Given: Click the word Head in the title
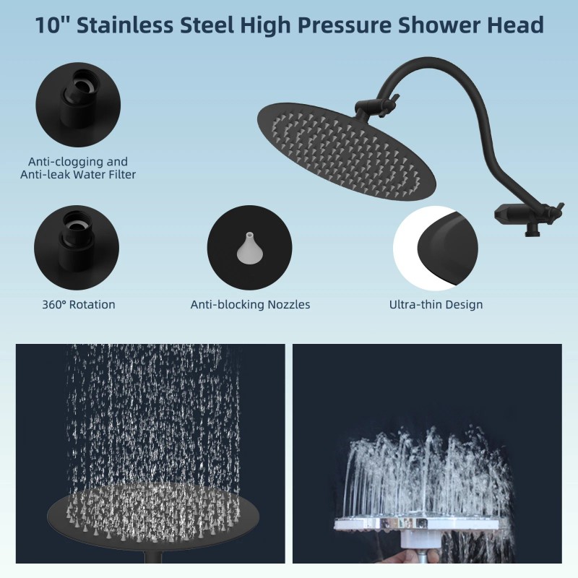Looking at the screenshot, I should pyautogui.click(x=516, y=26).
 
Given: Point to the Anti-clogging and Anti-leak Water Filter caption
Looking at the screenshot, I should pyautogui.click(x=77, y=168).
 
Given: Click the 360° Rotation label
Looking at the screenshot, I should pyautogui.click(x=78, y=304).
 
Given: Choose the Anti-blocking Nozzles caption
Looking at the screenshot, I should pyautogui.click(x=250, y=304).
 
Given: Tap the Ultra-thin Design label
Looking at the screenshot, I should pyautogui.click(x=436, y=304).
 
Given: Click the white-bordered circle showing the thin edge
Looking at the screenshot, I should pyautogui.click(x=435, y=247).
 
